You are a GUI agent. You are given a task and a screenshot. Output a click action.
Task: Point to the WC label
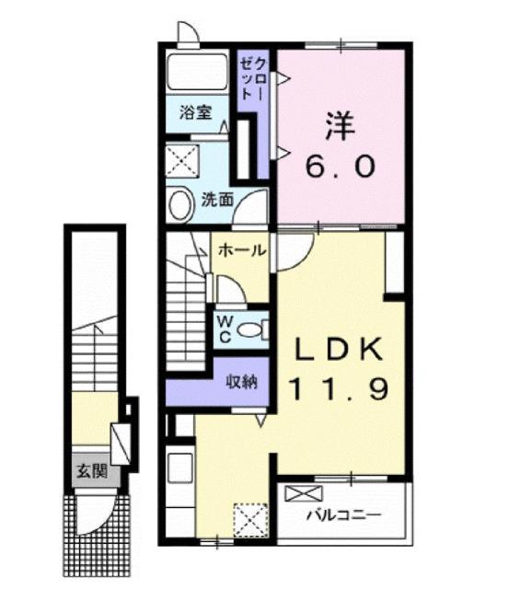224,329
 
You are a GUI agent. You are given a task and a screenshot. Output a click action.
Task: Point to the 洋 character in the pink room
339,126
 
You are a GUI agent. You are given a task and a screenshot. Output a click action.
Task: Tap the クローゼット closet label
253,85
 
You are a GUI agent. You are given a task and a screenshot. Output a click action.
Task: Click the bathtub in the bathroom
197,73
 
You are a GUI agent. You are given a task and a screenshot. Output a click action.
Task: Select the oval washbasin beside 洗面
180,204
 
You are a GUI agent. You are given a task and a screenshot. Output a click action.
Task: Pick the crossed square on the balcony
300,493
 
